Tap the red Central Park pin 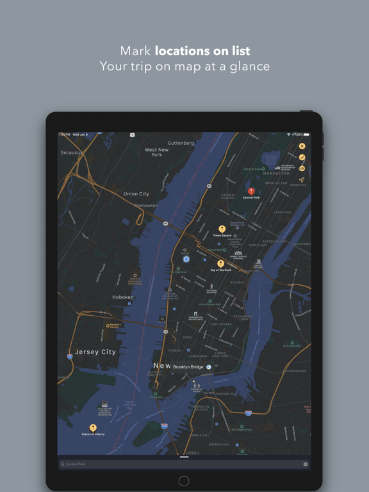[x=251, y=191]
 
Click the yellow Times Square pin [x=222, y=229]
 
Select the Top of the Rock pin [x=220, y=263]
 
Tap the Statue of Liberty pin [x=93, y=427]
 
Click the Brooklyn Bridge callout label [x=188, y=367]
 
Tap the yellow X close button [x=302, y=146]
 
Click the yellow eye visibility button [x=302, y=168]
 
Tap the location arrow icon [x=302, y=180]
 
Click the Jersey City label [x=95, y=352]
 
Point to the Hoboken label [x=123, y=297]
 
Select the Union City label [x=136, y=193]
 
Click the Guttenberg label [x=181, y=143]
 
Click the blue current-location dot [x=186, y=259]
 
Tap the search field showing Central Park [x=179, y=464]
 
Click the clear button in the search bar [x=306, y=464]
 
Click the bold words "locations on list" [x=202, y=51]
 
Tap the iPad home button [x=184, y=480]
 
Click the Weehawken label [x=146, y=205]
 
